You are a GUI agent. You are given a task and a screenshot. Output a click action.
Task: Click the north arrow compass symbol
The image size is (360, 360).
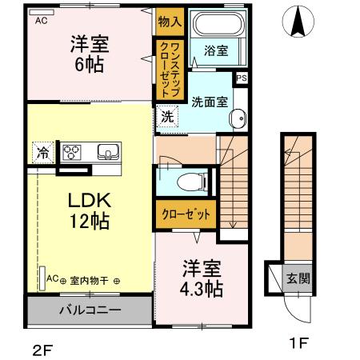click(298, 22)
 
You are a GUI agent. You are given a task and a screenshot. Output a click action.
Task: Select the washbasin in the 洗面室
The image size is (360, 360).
click(238, 118)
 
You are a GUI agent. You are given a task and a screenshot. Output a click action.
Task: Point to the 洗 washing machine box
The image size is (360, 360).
click(167, 117)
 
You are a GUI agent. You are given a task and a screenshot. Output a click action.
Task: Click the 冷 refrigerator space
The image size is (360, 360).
click(43, 152)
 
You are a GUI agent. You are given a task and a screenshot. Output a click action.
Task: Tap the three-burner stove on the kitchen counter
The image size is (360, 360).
click(71, 152)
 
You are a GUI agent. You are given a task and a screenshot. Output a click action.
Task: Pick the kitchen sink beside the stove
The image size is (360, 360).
click(108, 152)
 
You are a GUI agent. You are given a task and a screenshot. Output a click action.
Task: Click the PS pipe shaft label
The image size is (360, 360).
click(242, 78)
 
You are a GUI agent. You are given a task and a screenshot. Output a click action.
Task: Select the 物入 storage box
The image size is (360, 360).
click(170, 22)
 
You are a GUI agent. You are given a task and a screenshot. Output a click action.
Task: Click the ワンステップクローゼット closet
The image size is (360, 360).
click(170, 70)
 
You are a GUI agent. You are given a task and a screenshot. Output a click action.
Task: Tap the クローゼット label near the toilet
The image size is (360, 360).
click(186, 214)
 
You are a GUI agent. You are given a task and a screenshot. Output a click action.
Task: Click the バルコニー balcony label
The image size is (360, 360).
click(90, 310)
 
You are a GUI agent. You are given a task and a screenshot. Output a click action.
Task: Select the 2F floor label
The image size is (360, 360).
click(42, 350)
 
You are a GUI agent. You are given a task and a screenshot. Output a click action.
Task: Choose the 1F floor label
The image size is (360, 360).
click(299, 342)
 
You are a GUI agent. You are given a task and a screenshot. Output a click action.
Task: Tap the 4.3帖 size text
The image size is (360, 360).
click(202, 289)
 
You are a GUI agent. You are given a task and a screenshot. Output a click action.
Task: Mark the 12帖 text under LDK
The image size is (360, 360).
click(90, 221)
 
